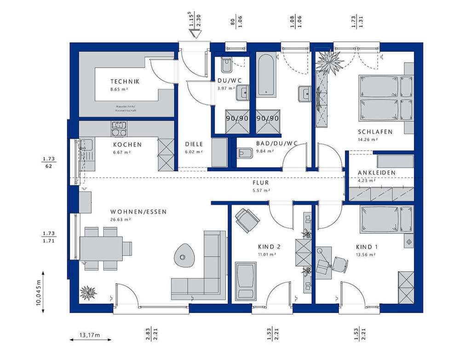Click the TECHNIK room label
click(x=125, y=81)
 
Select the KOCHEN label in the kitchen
click(x=127, y=145)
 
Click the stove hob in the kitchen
click(x=119, y=128)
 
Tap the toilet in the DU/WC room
click(x=226, y=67)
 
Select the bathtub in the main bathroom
click(x=266, y=75)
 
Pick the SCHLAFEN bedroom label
click(x=375, y=132)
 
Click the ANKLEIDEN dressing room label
click(x=377, y=173)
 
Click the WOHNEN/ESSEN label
click(x=138, y=212)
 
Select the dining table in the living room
click(x=101, y=248)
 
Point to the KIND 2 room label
click(x=269, y=247)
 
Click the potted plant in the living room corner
click(x=87, y=292)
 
